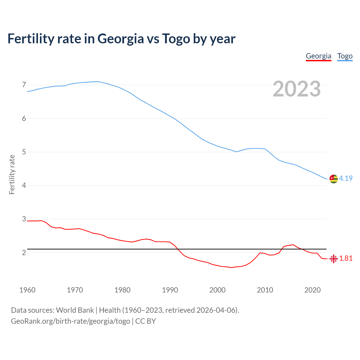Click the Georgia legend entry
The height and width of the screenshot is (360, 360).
pos(318,56)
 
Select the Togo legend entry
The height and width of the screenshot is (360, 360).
pos(345,56)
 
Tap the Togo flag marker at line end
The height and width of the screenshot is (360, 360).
pos(334,179)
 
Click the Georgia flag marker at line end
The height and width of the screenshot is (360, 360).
pos(334,258)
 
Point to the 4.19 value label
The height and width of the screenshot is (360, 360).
pos(346,178)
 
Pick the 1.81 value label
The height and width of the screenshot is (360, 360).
pos(346,258)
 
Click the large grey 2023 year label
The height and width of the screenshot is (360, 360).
pos(297,89)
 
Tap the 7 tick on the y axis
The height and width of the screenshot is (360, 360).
pos(24,85)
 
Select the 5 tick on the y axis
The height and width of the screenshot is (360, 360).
pos(24,152)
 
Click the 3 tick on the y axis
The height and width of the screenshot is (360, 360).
pos(24,219)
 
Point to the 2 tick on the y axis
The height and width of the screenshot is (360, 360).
pos(24,253)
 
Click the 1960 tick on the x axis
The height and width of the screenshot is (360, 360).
pos(27,290)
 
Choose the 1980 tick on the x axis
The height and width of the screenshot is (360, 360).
pos(122,290)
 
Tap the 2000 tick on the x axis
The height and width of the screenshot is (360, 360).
pos(217,290)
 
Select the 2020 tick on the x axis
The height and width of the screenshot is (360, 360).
pos(312,290)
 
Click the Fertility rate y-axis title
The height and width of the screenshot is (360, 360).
pos(12,174)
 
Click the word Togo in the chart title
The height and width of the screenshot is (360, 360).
pos(176,39)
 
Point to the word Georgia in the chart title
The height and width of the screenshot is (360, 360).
pos(121,39)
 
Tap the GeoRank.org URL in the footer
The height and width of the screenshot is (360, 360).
pos(70,321)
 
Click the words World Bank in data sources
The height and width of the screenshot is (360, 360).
pos(75,310)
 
